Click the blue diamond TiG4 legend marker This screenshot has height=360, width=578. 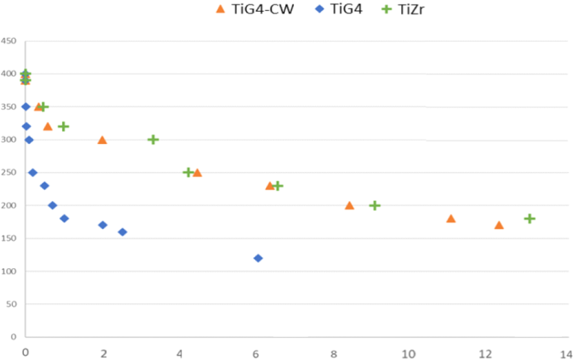[x=318, y=9]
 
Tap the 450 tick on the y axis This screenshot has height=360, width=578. [x=8, y=41]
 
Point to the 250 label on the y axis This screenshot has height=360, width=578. [x=8, y=173]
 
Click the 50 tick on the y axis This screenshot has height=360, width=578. [x=10, y=304]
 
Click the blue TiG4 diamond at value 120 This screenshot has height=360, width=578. [x=258, y=258]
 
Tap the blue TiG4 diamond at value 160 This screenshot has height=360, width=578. [x=123, y=232]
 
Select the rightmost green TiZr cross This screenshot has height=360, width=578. [x=530, y=218]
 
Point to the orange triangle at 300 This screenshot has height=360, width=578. [x=102, y=140]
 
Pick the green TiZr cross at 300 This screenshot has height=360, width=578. [x=153, y=140]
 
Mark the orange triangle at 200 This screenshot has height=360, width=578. [x=349, y=206]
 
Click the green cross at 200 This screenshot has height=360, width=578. [x=375, y=206]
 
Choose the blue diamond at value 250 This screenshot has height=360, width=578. [x=33, y=173]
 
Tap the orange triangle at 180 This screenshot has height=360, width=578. [x=451, y=218]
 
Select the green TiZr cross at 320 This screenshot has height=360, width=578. [x=63, y=126]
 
